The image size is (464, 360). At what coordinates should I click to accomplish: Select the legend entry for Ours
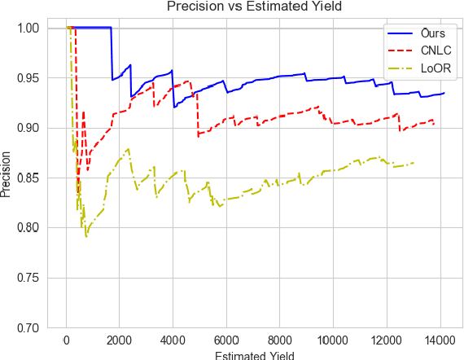(x=433, y=33)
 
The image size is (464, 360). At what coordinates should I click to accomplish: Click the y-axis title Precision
(x=7, y=178)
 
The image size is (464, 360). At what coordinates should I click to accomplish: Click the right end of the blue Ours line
(x=444, y=93)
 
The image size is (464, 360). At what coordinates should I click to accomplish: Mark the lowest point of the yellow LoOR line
(x=86, y=236)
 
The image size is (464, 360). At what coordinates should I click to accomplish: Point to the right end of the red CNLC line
(x=434, y=124)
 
